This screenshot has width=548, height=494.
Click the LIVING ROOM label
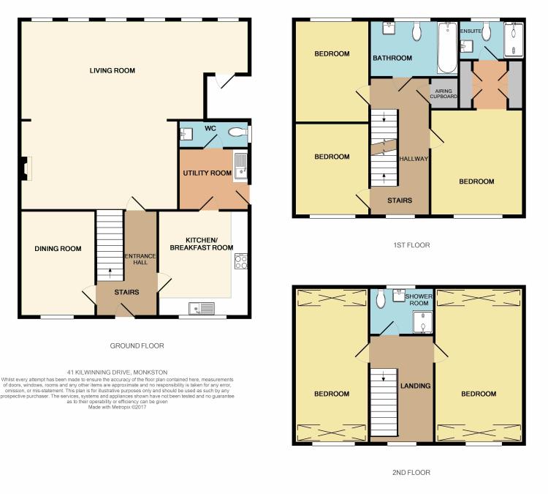click(x=113, y=70)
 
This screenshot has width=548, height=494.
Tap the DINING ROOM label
click(x=58, y=249)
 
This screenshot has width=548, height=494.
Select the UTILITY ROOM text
click(x=207, y=173)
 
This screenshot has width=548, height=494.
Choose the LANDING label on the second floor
click(x=415, y=386)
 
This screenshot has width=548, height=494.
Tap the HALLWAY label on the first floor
click(x=414, y=159)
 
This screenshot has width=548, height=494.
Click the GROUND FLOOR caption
click(x=138, y=345)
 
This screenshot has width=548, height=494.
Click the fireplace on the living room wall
click(x=26, y=168)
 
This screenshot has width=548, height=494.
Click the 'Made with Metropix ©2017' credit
click(x=117, y=407)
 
